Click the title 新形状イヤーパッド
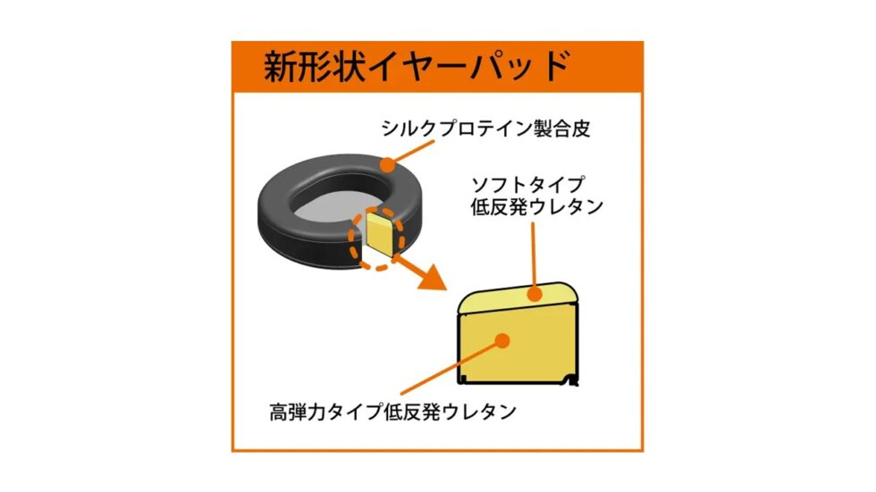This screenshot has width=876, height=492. (417, 67)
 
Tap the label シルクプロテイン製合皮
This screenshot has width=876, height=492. (486, 129)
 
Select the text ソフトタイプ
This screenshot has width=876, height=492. (528, 184)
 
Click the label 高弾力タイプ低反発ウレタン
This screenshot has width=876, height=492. (392, 413)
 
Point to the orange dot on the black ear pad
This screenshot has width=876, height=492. (387, 164)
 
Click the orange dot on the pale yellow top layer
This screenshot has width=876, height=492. (535, 294)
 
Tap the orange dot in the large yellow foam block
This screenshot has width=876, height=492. (502, 340)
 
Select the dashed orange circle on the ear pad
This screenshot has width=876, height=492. (376, 238)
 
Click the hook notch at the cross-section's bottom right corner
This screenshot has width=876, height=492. (572, 380)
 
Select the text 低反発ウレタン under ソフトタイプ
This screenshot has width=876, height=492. (537, 207)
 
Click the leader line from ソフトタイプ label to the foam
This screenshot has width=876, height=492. (534, 258)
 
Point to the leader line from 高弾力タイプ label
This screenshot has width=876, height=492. (451, 368)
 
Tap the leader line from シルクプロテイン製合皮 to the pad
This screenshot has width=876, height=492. (410, 153)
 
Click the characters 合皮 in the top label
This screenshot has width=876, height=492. (571, 129)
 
